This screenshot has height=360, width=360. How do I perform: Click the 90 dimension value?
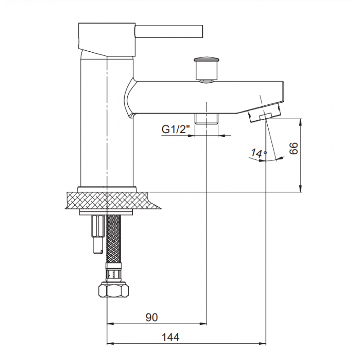[152, 317]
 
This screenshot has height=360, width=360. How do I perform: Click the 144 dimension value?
[171, 337]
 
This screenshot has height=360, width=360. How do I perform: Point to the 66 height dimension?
[294, 148]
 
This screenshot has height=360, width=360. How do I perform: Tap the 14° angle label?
[258, 153]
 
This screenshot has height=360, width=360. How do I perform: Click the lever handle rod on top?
[169, 31]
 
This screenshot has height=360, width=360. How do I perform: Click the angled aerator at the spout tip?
[264, 113]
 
